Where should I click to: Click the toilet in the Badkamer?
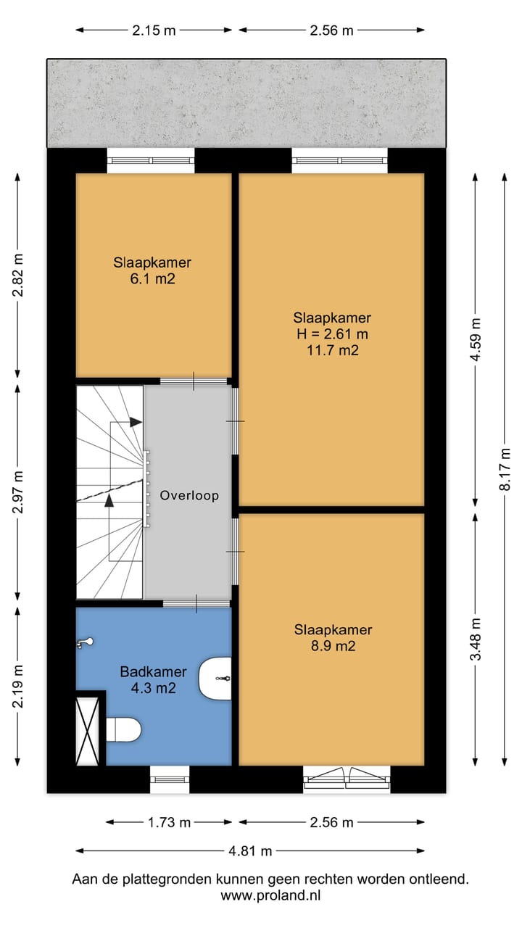point(124,729)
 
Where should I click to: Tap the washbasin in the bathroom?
point(215,678)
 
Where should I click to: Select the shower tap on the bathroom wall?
point(86,642)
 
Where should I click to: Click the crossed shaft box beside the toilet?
point(88,732)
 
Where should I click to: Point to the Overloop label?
point(189,495)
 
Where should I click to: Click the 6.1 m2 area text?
point(152,279)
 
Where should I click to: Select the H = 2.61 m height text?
point(332,334)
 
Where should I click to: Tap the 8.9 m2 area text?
point(333,646)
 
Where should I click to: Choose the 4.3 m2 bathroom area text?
point(153,688)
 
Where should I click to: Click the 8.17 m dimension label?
point(505,469)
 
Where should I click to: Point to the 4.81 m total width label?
point(250,851)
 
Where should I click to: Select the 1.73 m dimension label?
point(169,822)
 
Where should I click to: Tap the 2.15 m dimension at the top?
point(154,30)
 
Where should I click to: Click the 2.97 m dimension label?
point(18,492)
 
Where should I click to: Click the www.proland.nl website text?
point(270,895)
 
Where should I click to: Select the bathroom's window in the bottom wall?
point(170,779)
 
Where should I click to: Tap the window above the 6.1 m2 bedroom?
point(151,160)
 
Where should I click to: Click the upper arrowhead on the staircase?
point(136,422)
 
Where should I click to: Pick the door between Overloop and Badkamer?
point(196,603)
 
